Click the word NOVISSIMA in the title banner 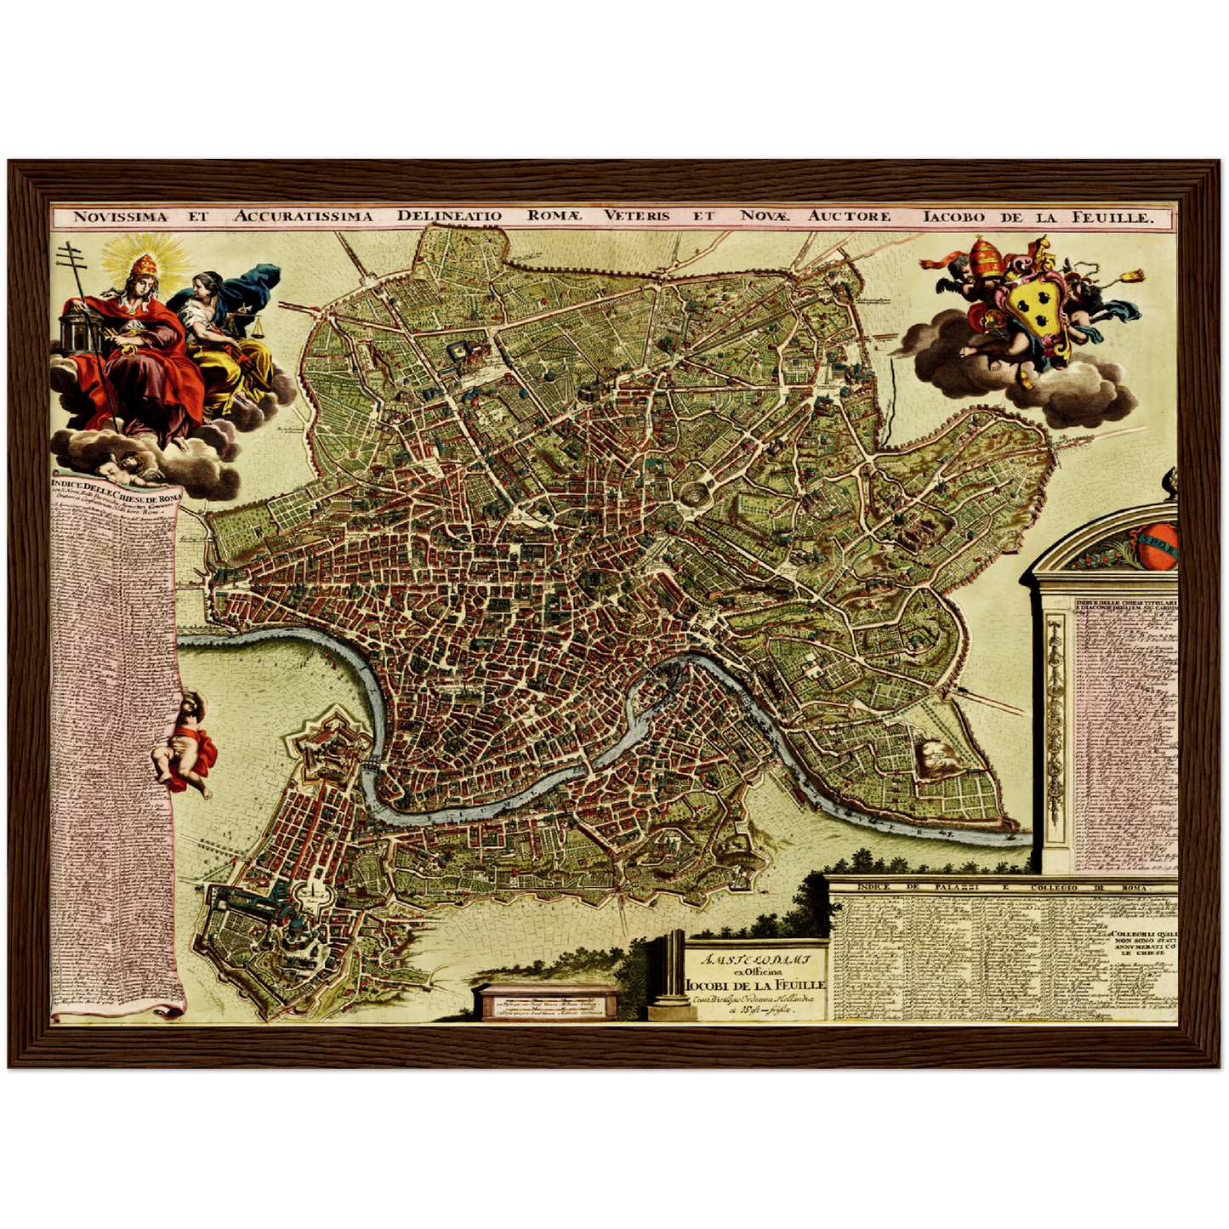coord(120,217)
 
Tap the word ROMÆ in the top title coord(554,216)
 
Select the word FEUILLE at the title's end coord(1114,217)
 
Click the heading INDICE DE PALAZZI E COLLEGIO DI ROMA coord(1004,887)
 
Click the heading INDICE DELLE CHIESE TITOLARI coord(1125,605)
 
